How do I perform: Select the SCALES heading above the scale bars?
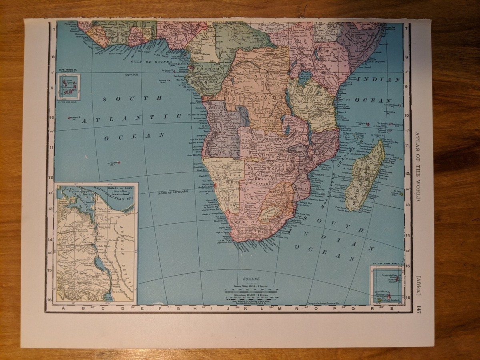coord(251,278)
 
